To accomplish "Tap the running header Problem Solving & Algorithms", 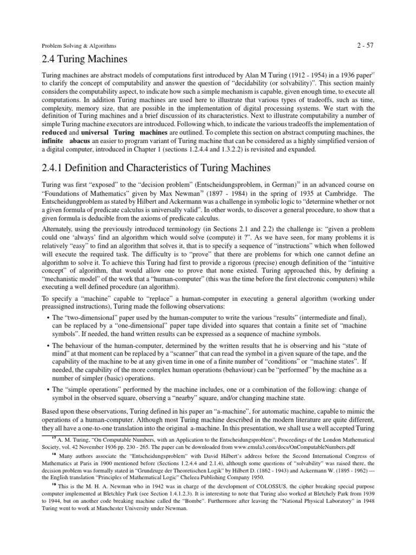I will click(79, 46).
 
